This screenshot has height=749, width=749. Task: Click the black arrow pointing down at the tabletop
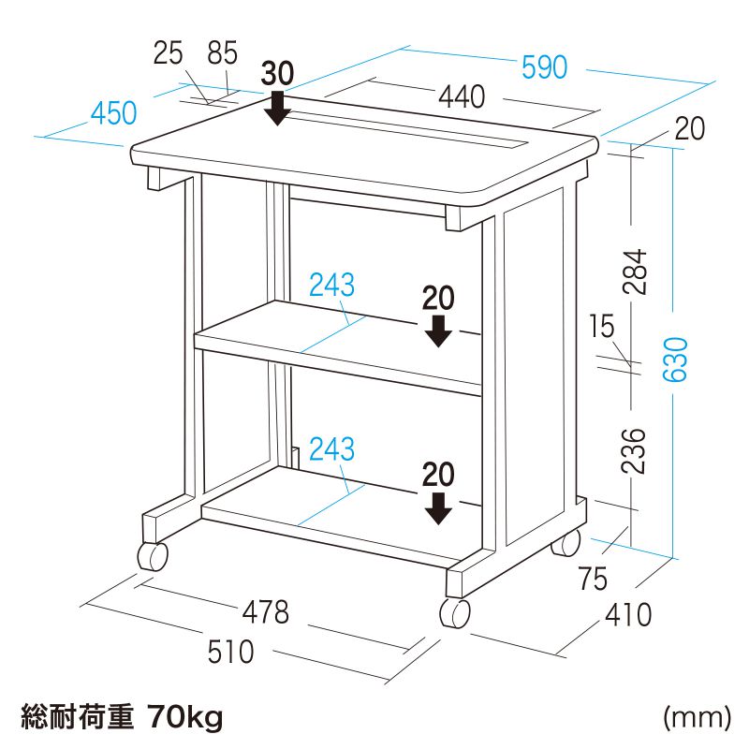(x=276, y=108)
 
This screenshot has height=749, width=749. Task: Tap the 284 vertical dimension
(x=636, y=272)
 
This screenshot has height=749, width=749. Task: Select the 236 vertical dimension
(x=636, y=451)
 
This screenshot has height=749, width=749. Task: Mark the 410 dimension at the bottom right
(x=627, y=615)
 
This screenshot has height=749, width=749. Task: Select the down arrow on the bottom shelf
(x=437, y=508)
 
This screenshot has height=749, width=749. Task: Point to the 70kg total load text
(x=185, y=718)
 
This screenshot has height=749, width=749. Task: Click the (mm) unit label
(x=697, y=718)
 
